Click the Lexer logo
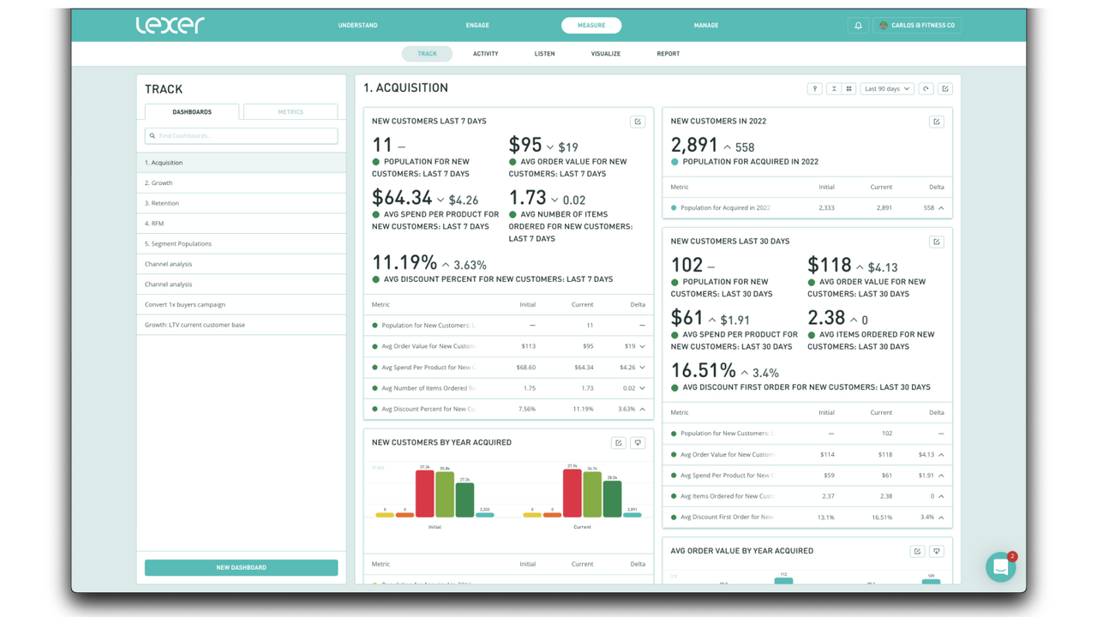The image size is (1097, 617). tap(170, 25)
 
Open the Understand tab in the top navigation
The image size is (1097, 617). tap(357, 26)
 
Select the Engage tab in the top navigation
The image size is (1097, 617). tap(477, 26)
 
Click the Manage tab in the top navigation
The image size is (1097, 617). tap(706, 26)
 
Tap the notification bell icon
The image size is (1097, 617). tap(858, 26)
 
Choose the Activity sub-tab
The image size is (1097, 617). tap(485, 54)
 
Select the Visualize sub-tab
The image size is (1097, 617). tap(605, 54)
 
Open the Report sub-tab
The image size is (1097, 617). tap(668, 54)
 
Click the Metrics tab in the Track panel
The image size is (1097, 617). tap(291, 112)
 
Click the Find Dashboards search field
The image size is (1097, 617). tap(242, 135)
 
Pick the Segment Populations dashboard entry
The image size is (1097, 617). tap(178, 243)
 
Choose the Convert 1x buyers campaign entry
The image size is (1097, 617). tap(185, 304)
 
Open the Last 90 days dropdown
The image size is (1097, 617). tap(887, 89)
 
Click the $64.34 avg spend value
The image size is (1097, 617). tap(402, 199)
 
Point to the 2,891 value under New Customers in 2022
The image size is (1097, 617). tap(694, 146)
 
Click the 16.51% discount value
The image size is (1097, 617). tap(703, 371)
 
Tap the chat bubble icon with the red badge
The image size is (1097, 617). tap(1000, 567)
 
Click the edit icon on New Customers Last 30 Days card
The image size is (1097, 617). tap(936, 242)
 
